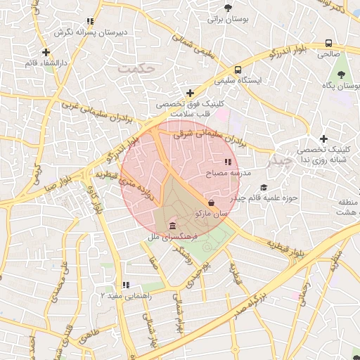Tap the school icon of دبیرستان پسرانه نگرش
(x=89, y=22)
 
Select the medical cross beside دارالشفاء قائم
(x=46, y=52)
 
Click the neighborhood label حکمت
(x=135, y=68)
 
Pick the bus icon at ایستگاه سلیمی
(x=238, y=70)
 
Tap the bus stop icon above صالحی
(x=328, y=42)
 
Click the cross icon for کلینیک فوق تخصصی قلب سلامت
(x=190, y=92)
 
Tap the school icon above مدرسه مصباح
(x=226, y=162)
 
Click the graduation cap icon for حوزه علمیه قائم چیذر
(x=264, y=187)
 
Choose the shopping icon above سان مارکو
(x=212, y=202)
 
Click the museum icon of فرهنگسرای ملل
(x=173, y=226)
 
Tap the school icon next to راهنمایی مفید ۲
(x=126, y=285)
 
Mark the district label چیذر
(x=280, y=160)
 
